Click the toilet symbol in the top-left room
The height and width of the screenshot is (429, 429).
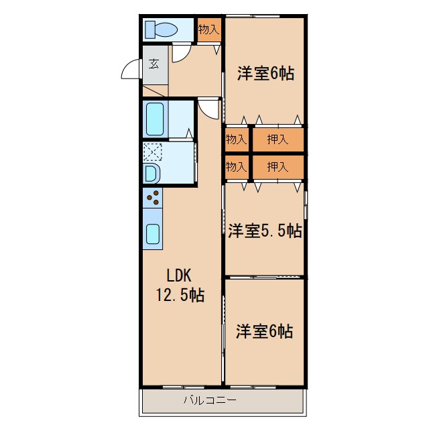pyautogui.click(x=161, y=29)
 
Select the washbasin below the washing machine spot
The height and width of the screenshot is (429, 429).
pyautogui.click(x=151, y=174)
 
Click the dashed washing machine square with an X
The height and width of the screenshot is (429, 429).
pyautogui.click(x=152, y=152)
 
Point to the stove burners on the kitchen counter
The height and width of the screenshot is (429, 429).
pyautogui.click(x=153, y=198)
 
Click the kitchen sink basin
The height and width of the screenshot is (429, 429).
pyautogui.click(x=152, y=233)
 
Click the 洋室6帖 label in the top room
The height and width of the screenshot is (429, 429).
pyautogui.click(x=265, y=74)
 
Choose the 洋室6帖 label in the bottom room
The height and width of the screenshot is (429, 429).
pyautogui.click(x=264, y=330)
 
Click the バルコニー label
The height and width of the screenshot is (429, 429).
pyautogui.click(x=209, y=401)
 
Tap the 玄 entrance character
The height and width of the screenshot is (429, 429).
pyautogui.click(x=154, y=64)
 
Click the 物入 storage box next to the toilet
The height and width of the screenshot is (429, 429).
pyautogui.click(x=208, y=30)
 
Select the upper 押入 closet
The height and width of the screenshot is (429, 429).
pyautogui.click(x=278, y=139)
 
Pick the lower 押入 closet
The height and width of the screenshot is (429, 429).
pyautogui.click(x=278, y=167)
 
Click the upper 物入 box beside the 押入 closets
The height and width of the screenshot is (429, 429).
pyautogui.click(x=236, y=139)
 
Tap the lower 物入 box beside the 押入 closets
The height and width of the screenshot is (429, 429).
pyautogui.click(x=236, y=167)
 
